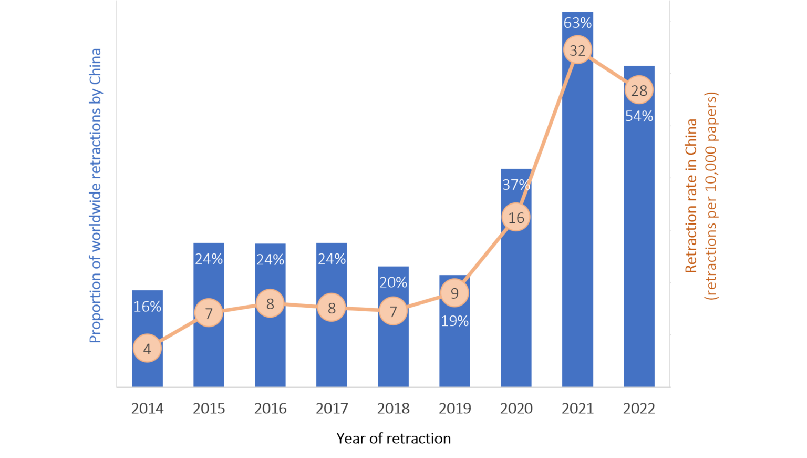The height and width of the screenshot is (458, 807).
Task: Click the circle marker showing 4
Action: [x=147, y=349]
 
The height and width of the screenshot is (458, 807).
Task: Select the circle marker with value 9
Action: [x=454, y=293]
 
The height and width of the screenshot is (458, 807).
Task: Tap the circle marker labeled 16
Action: [x=516, y=218]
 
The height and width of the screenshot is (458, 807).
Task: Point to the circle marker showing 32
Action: [x=577, y=50]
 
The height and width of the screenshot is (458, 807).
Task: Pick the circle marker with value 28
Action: [x=639, y=90]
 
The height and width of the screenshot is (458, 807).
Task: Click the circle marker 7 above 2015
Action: [x=209, y=313]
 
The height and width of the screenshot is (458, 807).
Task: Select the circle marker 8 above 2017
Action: [x=332, y=308]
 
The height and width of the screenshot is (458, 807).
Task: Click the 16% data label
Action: [x=147, y=307]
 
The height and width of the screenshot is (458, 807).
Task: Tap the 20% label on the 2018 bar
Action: [x=393, y=282]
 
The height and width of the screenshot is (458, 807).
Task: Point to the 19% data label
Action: [x=454, y=321]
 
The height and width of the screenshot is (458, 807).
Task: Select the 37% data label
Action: [x=516, y=185]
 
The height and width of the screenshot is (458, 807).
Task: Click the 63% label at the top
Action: [x=577, y=23]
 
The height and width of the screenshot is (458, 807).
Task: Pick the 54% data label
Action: [x=639, y=116]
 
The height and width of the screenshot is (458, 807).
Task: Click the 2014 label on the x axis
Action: [x=147, y=409]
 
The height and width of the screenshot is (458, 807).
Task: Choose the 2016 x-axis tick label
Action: [x=270, y=409]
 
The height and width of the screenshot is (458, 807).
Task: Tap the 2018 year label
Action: [x=393, y=409]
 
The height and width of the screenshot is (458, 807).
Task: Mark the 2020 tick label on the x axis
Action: [x=516, y=409]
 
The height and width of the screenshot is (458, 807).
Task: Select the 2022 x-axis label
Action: [x=639, y=409]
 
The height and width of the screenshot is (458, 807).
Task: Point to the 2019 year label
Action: [x=454, y=409]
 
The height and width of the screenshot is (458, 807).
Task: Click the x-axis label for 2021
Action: [x=577, y=409]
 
